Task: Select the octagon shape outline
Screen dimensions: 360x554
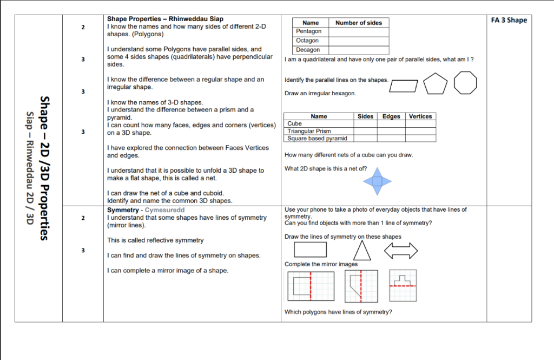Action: tap(466, 83)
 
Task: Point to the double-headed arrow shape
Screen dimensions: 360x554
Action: tap(401, 250)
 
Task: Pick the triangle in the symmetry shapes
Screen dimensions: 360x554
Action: tap(362, 250)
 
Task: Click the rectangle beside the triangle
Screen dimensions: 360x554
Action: tap(311, 250)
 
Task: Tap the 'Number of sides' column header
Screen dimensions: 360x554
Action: tap(358, 23)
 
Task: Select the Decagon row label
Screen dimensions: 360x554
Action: tap(308, 50)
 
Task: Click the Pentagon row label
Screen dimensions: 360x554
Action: tap(308, 31)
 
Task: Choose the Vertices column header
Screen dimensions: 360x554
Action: tap(420, 116)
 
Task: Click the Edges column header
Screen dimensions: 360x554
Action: tap(391, 116)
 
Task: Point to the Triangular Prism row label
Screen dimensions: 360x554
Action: tap(309, 131)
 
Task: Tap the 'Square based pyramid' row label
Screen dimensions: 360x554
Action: tap(317, 138)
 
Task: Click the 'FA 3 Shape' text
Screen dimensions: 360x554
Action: tap(509, 21)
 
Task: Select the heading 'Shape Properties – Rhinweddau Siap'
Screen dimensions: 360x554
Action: tap(165, 19)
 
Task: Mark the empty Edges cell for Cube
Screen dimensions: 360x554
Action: tap(391, 123)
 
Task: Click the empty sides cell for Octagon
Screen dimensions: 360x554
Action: tap(358, 41)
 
